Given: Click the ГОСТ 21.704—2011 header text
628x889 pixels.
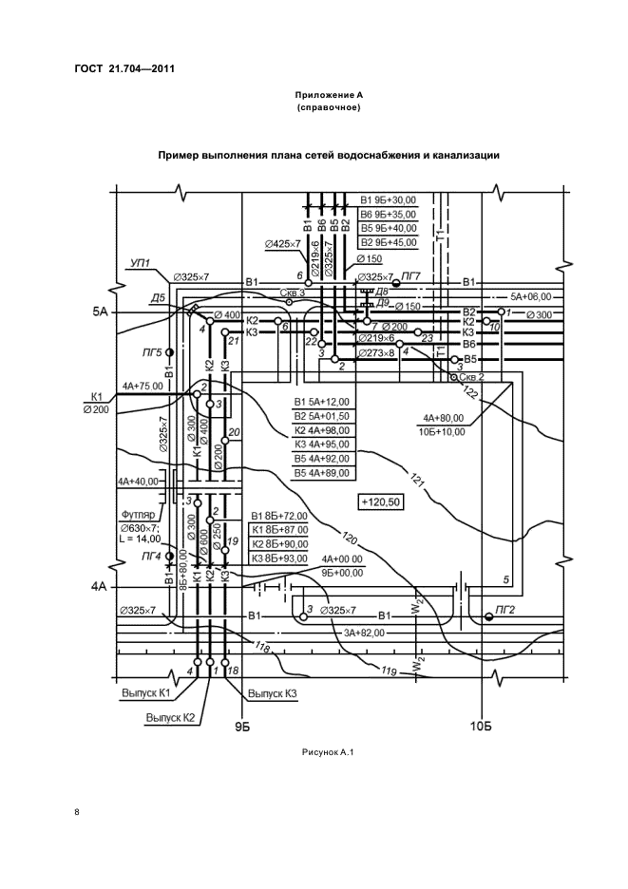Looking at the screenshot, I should point(124,68).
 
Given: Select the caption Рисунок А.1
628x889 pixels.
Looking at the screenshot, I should point(327,753).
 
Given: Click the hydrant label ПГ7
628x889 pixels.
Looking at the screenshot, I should point(410,274).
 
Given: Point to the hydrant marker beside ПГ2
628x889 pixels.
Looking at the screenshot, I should point(488,616).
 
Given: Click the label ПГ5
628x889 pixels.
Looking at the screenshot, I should point(151,352).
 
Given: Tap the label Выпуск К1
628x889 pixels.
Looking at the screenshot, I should point(145,693).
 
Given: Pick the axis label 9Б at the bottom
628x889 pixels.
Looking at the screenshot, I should point(242,727).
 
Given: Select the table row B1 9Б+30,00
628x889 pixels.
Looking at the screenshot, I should point(389,200).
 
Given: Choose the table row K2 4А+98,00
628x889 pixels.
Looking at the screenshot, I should point(322,429).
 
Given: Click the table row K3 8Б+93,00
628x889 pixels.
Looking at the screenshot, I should point(280,558).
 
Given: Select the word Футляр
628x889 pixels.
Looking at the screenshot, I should point(136,514).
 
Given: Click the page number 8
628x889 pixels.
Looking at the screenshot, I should point(78,813).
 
